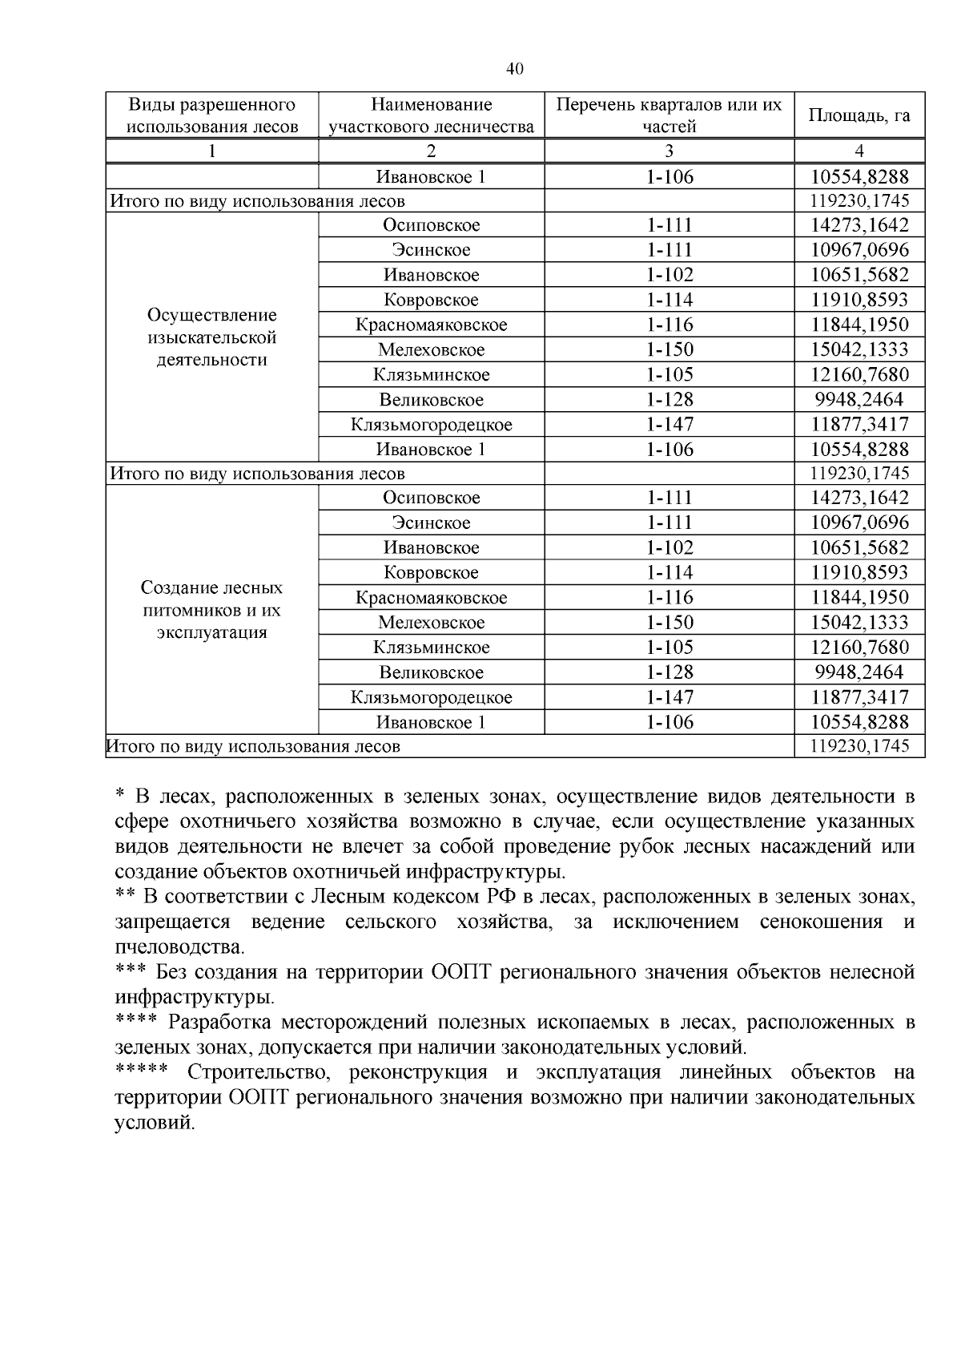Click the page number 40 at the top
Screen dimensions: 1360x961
coord(515,70)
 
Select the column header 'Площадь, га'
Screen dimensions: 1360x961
coord(858,115)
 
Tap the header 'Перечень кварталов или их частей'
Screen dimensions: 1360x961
coord(669,115)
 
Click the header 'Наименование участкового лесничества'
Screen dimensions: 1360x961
coord(431,115)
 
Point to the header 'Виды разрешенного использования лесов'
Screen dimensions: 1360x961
coord(212,115)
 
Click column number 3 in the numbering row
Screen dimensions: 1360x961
coord(669,151)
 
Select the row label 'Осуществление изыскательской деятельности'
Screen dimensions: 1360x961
coord(212,337)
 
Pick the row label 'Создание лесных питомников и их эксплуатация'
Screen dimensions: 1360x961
coord(212,610)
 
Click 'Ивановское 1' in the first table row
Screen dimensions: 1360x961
coord(431,176)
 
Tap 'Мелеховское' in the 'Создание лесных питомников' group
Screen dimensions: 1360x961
coord(431,623)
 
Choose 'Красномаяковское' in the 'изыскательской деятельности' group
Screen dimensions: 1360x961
coord(431,325)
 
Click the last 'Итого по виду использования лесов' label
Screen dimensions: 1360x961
coord(254,747)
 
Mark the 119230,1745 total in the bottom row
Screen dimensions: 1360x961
coord(858,747)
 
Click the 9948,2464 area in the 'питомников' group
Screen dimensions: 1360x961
coord(858,672)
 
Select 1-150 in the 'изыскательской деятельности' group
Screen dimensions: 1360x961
coord(669,350)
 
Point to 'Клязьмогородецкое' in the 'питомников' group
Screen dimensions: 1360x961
coord(431,697)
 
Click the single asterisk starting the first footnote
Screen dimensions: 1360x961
coord(120,795)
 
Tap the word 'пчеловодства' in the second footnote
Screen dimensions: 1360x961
coord(179,947)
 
